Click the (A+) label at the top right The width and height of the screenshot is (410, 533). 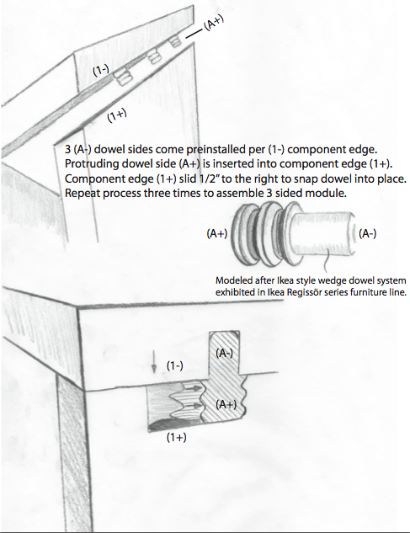(214, 24)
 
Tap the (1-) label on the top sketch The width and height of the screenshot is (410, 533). (101, 71)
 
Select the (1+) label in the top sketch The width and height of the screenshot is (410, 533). (117, 115)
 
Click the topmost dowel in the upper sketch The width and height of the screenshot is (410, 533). (175, 41)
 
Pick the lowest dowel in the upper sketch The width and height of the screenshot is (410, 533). (122, 77)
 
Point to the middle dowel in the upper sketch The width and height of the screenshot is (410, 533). (154, 57)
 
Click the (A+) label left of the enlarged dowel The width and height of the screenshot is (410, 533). (217, 233)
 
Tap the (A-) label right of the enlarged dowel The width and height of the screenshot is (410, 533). (368, 233)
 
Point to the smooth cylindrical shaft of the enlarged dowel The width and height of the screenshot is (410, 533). (323, 233)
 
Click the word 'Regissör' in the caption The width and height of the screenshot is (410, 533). (301, 292)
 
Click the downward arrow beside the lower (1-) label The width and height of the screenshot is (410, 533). (154, 362)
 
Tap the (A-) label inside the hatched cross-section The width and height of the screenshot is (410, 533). (225, 353)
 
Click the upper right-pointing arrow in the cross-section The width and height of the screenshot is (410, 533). (193, 387)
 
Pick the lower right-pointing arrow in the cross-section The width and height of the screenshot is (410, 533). (192, 406)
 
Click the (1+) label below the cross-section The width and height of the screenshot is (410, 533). (177, 438)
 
